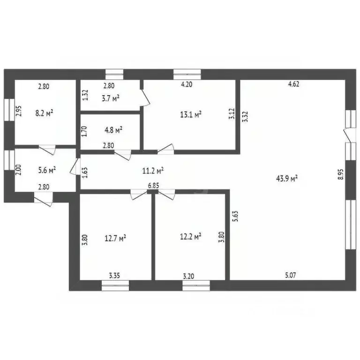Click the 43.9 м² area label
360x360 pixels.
tap(287, 178)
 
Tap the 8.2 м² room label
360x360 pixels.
tap(45, 113)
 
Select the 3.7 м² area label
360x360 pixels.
tap(111, 98)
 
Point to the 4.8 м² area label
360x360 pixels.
tap(113, 130)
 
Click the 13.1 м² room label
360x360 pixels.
tap(191, 114)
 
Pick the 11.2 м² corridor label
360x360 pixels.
tap(153, 170)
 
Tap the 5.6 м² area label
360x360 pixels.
tap(47, 170)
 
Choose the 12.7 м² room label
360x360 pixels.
tap(115, 238)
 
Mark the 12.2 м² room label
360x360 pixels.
tap(191, 236)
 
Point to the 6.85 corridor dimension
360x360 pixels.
tap(153, 185)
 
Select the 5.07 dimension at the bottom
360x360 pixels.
tap(291, 275)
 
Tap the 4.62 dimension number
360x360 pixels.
tap(293, 84)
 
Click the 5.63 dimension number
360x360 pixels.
tap(235, 216)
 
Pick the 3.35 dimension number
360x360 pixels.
tap(114, 275)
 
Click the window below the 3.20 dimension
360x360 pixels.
tap(196, 285)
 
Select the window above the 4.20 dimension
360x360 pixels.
tap(187, 74)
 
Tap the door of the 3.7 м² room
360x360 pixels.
tap(145, 98)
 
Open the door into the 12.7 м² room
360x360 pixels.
tap(139, 195)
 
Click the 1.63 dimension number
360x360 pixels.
tap(85, 172)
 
